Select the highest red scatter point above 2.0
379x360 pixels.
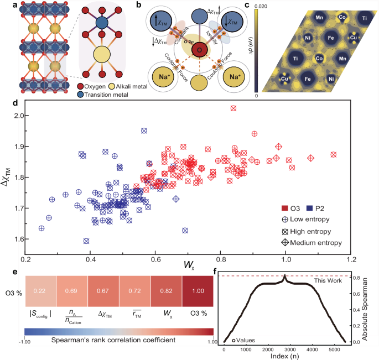tap(233, 108)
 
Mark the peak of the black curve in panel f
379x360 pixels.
tap(284, 275)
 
